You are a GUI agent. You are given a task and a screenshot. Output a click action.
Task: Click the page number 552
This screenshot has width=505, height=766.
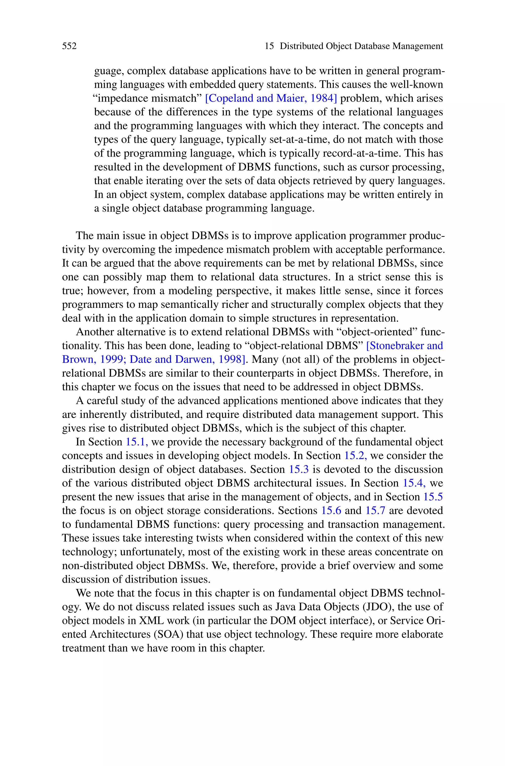(69, 46)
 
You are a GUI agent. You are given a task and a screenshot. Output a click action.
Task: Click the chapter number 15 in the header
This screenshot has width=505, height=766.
(269, 46)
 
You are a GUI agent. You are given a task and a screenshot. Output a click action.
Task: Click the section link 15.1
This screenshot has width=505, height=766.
(137, 442)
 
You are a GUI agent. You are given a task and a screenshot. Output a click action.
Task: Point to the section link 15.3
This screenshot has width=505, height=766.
(299, 469)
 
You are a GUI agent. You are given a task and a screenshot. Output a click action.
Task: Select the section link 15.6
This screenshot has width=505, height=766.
(331, 511)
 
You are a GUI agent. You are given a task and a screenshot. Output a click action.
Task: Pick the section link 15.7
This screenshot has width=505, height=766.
(375, 511)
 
